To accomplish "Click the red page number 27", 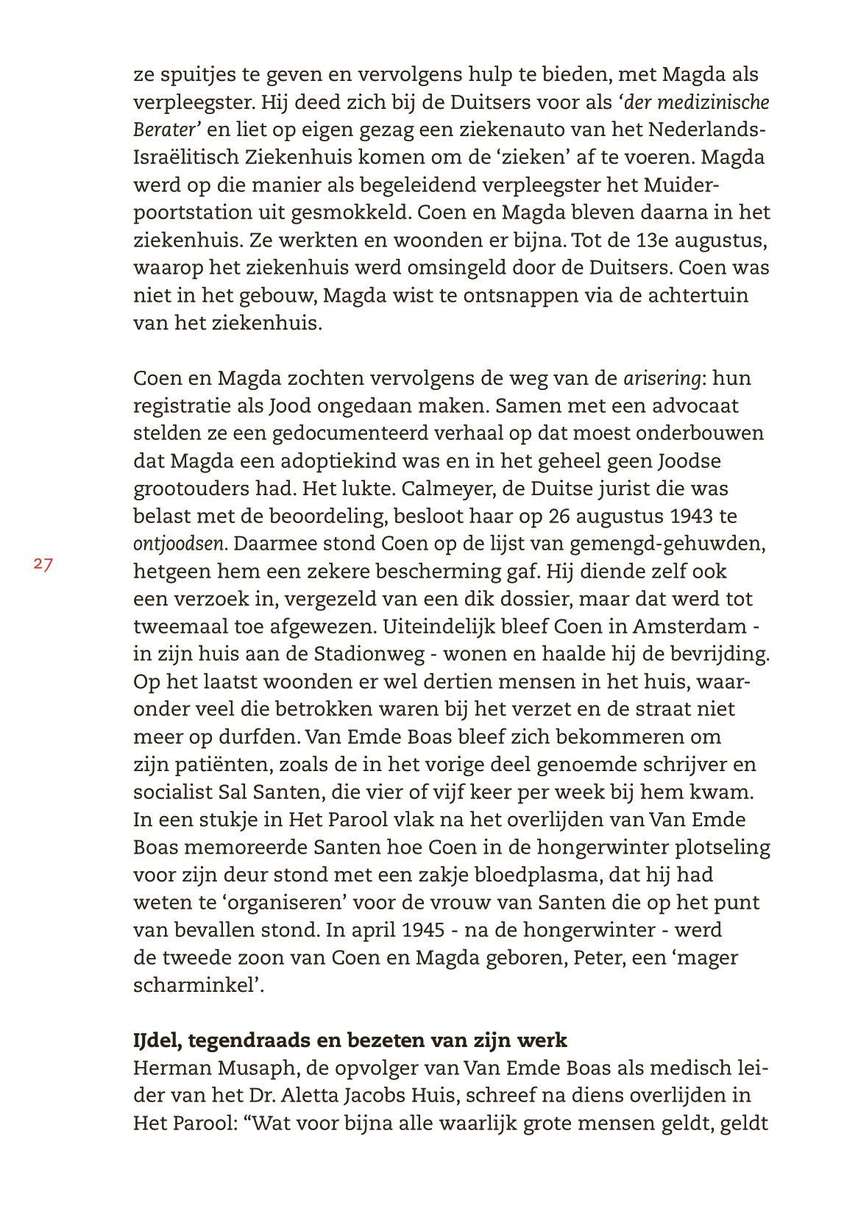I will click(x=43, y=565).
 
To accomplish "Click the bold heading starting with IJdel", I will click(x=350, y=1040).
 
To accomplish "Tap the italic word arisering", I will click(x=662, y=379).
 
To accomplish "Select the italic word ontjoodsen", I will click(x=179, y=544).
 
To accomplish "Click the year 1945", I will click(x=422, y=930).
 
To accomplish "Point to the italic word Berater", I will click(x=166, y=130).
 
